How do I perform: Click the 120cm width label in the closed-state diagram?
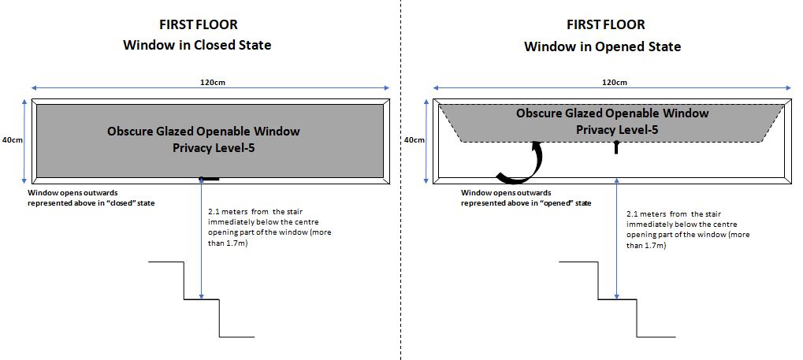[x=209, y=82]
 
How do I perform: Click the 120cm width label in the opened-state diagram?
[x=615, y=82]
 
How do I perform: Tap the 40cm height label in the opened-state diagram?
[x=415, y=139]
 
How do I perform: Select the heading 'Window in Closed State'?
[x=197, y=45]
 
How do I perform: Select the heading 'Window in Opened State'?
[x=602, y=46]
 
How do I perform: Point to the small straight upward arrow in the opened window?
[x=615, y=146]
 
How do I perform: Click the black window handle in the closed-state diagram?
[x=210, y=180]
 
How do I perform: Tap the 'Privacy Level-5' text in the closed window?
[x=203, y=147]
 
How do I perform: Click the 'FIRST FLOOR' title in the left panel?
[x=197, y=25]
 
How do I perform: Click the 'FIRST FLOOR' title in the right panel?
[x=602, y=25]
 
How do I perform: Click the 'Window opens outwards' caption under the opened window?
[x=526, y=198]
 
